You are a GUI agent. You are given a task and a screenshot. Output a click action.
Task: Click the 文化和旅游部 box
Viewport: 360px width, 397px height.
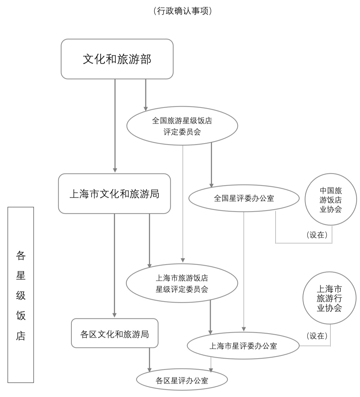[x=117, y=59]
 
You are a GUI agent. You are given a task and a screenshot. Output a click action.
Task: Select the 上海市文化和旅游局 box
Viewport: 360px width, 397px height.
[x=114, y=193]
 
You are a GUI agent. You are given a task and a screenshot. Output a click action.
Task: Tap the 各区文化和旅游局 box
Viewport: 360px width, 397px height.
[x=115, y=333]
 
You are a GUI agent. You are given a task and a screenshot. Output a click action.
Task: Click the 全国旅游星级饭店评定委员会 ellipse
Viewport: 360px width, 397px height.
[x=182, y=126]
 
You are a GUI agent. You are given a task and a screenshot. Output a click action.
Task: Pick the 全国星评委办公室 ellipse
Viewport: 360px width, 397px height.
[x=244, y=198]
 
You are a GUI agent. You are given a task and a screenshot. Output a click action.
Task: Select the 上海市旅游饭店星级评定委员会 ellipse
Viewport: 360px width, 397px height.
[x=182, y=283]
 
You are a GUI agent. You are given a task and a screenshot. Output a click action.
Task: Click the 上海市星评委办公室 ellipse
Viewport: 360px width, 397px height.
[x=243, y=346]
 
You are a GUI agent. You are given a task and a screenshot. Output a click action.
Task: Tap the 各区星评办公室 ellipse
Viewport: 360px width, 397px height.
[x=182, y=380]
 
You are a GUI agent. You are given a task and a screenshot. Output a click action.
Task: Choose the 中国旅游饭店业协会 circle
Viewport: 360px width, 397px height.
[x=331, y=200]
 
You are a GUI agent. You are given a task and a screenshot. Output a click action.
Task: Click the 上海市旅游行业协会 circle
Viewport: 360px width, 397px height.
[x=329, y=298]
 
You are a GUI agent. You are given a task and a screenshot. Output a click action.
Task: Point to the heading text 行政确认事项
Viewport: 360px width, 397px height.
[x=183, y=11]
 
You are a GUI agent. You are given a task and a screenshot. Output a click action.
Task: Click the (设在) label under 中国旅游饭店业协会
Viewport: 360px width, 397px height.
[x=317, y=235]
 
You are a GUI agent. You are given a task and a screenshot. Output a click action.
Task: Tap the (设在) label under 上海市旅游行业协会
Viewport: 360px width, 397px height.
[x=317, y=336]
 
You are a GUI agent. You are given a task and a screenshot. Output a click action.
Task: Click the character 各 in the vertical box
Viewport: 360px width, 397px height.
[x=21, y=256]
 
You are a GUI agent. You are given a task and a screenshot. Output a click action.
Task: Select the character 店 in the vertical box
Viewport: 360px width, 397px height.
[x=21, y=336]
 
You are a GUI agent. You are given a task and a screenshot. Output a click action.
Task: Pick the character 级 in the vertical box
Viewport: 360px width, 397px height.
[x=21, y=296]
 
